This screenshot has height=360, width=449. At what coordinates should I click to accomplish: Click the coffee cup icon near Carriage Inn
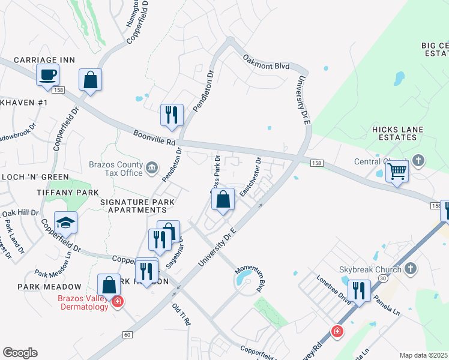[47, 75]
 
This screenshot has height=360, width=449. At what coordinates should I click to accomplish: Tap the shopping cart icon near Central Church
[397, 170]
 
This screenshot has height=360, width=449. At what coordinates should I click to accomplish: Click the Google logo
[20, 353]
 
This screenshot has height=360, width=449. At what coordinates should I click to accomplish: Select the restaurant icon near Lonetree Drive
[359, 290]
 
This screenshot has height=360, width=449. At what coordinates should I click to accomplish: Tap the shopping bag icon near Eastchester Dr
[223, 199]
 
